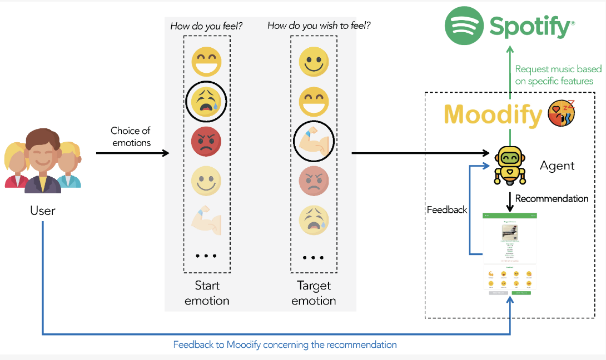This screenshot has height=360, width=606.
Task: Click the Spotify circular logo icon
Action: pos(464,26)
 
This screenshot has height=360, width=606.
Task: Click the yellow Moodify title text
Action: pos(493,114)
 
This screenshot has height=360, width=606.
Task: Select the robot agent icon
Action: pos(509,164)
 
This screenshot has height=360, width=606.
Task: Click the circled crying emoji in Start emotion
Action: pos(206,101)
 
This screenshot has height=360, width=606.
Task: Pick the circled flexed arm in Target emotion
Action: pos(314,142)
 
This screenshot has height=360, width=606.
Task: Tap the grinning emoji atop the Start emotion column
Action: pos(206,61)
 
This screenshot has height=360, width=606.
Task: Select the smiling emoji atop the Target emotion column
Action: pos(314,61)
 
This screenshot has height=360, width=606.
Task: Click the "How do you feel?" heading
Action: pos(206,26)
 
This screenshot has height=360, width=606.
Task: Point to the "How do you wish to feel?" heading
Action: pos(319,26)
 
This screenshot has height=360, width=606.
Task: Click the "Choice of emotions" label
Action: pos(131,137)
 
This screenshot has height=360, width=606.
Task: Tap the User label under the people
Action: pos(43,211)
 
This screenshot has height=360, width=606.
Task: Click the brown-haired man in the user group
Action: pos(43,162)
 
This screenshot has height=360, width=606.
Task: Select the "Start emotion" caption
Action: pos(207,293)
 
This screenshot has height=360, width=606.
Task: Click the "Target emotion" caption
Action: pos(314,293)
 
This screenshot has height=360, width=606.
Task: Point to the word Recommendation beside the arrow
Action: pos(552,198)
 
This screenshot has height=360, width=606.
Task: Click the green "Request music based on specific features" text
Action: pos(558,75)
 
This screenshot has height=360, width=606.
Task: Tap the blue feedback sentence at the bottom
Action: pos(285,344)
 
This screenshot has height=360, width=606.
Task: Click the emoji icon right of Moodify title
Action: pos(561,113)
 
